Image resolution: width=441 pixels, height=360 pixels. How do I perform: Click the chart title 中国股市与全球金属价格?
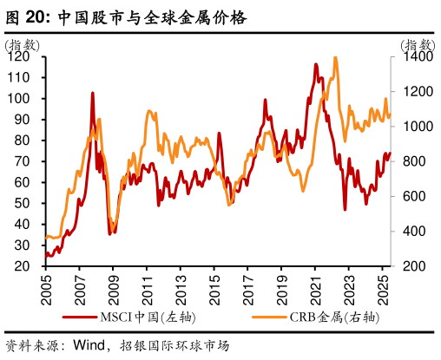pyautogui.click(x=152, y=16)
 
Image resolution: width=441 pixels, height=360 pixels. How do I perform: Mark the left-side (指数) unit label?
pyautogui.click(x=22, y=44)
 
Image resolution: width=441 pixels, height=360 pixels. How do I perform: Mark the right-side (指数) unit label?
pyautogui.click(x=418, y=44)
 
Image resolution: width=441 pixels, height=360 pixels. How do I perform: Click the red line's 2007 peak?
pyautogui.click(x=93, y=93)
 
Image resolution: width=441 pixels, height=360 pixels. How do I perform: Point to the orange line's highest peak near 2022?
pyautogui.click(x=335, y=58)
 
